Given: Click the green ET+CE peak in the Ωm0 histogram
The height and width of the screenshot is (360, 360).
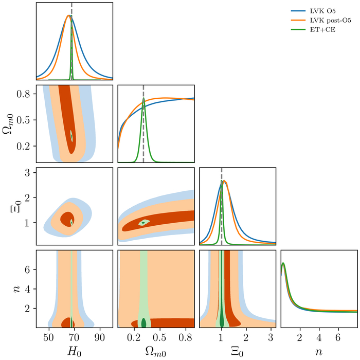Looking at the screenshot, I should (x=143, y=99).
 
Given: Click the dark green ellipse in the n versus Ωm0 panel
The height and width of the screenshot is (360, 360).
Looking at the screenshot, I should (x=143, y=323).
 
